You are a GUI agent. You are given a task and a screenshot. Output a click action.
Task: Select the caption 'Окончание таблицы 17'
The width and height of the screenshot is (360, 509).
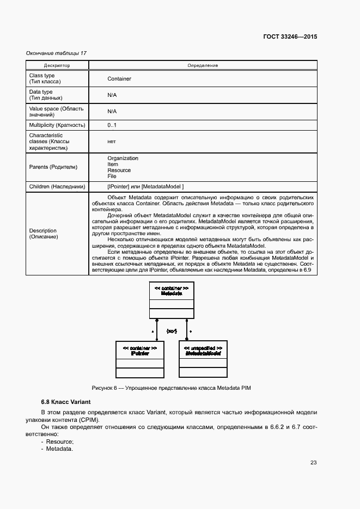[x=56, y=53]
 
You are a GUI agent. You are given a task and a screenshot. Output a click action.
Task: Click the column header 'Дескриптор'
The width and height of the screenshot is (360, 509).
[x=57, y=65]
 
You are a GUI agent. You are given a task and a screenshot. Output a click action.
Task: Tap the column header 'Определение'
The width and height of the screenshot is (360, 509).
[x=203, y=65]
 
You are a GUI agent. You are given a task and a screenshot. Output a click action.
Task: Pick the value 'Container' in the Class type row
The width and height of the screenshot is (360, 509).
[x=119, y=78]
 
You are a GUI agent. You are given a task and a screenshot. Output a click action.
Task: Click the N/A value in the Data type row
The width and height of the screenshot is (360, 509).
[x=112, y=95]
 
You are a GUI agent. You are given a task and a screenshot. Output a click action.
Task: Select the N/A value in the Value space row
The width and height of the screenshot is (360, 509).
[x=112, y=111]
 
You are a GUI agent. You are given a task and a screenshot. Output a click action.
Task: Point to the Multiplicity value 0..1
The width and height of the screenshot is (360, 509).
[x=112, y=125]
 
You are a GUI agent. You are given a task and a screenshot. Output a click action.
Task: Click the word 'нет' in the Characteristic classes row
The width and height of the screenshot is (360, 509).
[x=112, y=141]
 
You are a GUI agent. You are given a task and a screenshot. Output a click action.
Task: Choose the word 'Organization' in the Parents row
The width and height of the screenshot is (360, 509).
[x=123, y=158]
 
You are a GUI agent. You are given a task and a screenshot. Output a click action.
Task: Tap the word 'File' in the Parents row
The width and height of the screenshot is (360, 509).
[x=112, y=176]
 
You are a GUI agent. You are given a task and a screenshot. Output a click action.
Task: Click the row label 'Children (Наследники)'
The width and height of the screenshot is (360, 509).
[x=57, y=187]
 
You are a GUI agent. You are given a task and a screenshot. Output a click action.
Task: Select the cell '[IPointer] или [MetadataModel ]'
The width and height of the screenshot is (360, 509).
[x=145, y=187]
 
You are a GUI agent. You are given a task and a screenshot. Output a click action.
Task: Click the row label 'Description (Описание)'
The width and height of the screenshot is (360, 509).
[x=43, y=234]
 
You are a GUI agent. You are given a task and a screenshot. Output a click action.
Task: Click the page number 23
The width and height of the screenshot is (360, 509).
[x=313, y=463]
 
